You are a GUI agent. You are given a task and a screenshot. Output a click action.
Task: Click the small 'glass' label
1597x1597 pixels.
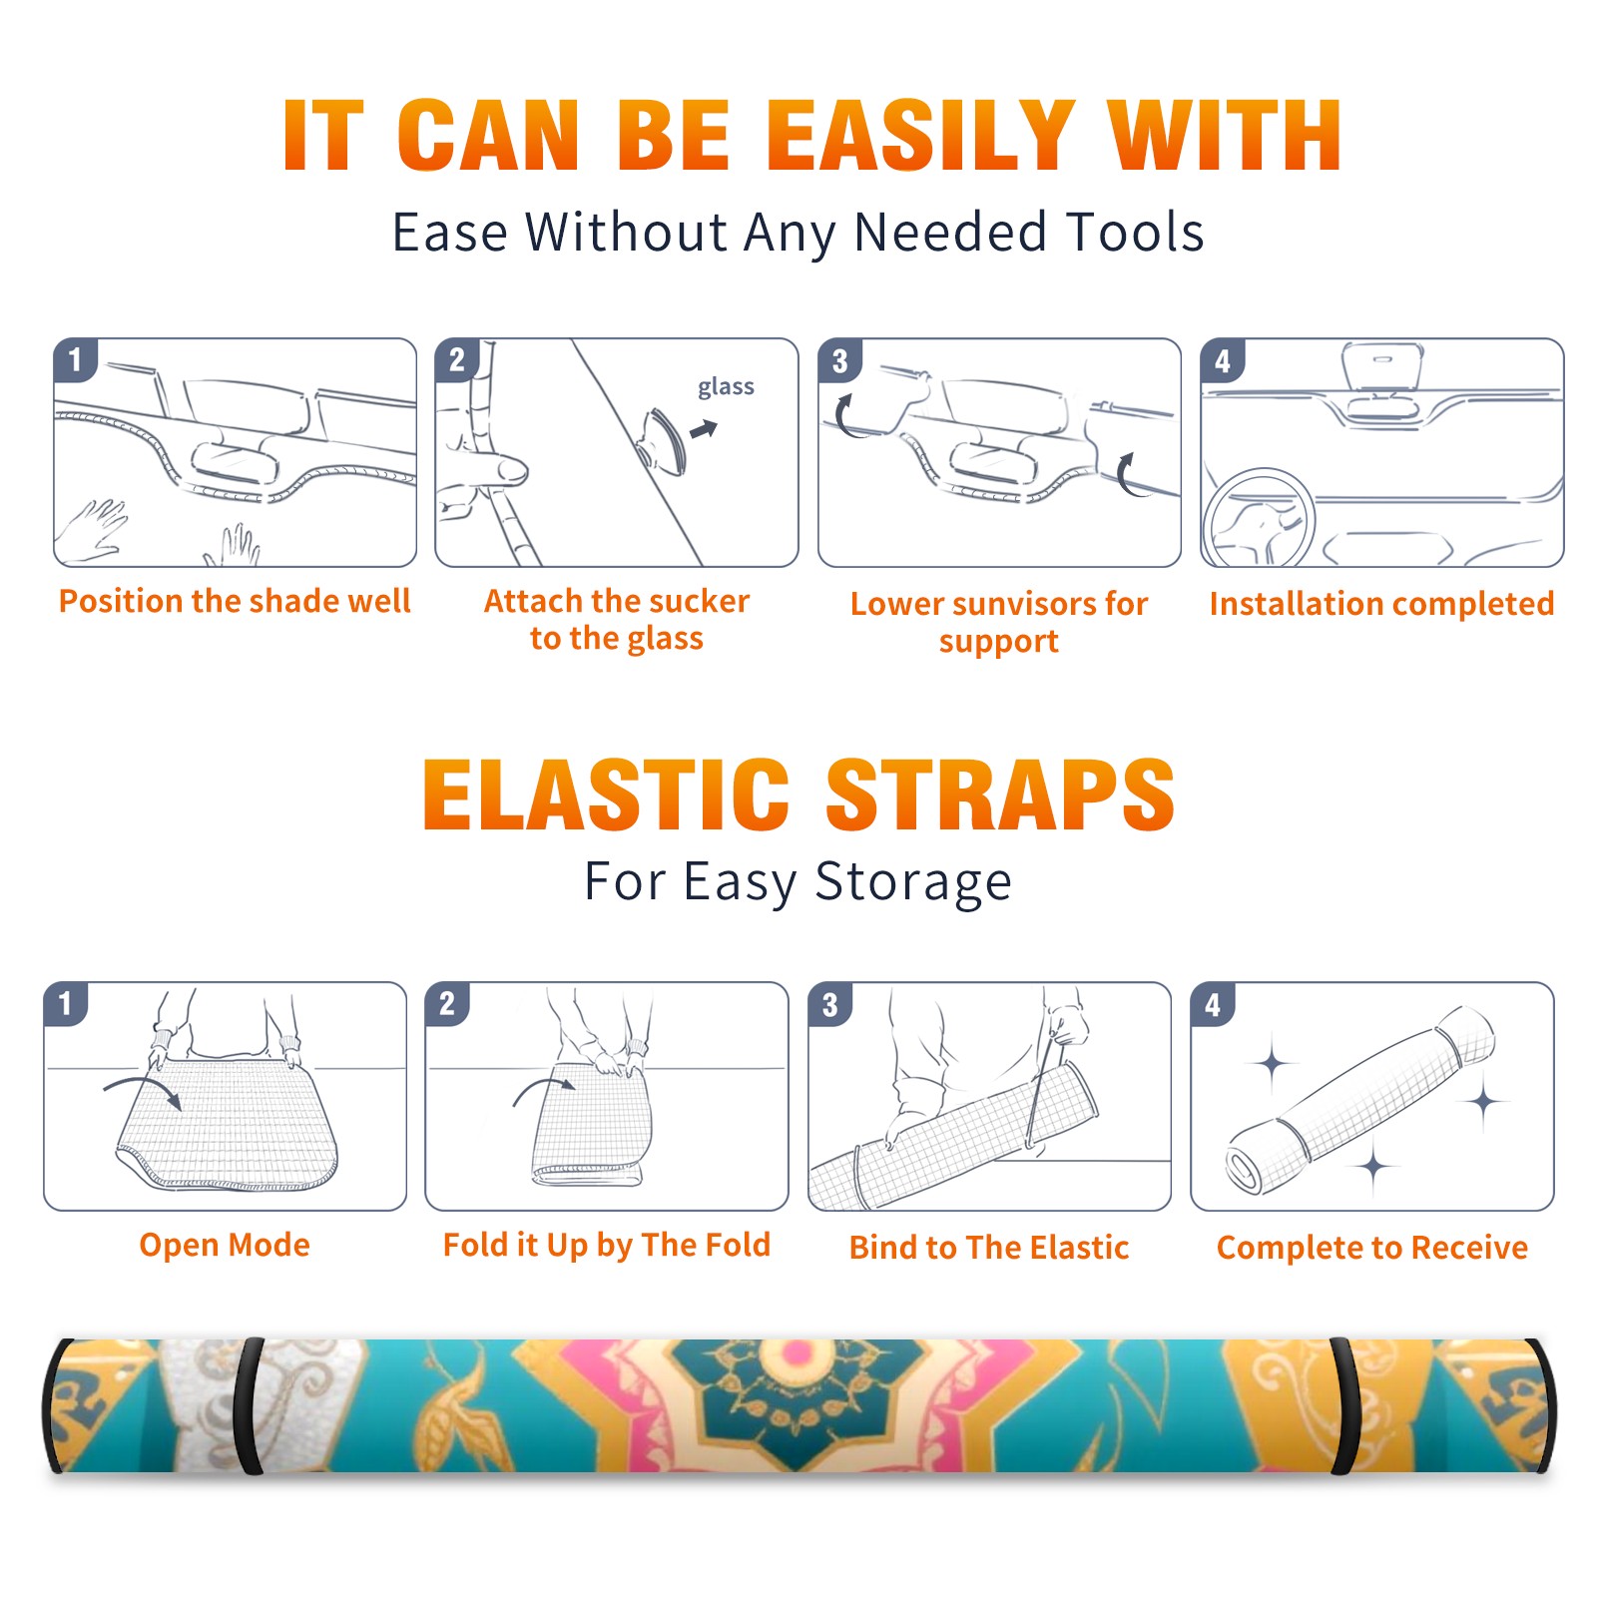[x=726, y=387]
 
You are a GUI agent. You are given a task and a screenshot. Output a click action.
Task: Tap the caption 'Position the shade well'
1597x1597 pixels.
[x=235, y=601]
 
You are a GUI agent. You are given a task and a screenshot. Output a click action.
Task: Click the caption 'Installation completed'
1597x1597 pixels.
[x=1381, y=603]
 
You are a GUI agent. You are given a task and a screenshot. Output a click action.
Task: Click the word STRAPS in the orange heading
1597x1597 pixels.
[x=1000, y=796]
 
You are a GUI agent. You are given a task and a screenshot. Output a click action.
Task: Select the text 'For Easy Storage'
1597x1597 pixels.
[x=798, y=881]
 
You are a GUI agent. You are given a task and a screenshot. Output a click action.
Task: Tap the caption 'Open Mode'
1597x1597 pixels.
[x=225, y=1245]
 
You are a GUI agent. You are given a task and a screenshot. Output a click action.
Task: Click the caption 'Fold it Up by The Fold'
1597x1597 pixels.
[x=607, y=1245]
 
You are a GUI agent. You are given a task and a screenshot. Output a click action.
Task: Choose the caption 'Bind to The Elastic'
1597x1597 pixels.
[x=989, y=1247]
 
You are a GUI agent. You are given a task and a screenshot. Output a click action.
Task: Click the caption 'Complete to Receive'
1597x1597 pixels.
[x=1372, y=1247]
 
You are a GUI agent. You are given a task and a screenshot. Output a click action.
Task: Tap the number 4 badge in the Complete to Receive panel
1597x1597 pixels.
[x=1213, y=1004]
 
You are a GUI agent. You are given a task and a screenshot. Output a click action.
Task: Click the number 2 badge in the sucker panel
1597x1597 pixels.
[x=457, y=359]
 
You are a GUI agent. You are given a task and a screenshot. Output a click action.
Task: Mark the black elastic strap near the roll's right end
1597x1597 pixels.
[x=1341, y=1405]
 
